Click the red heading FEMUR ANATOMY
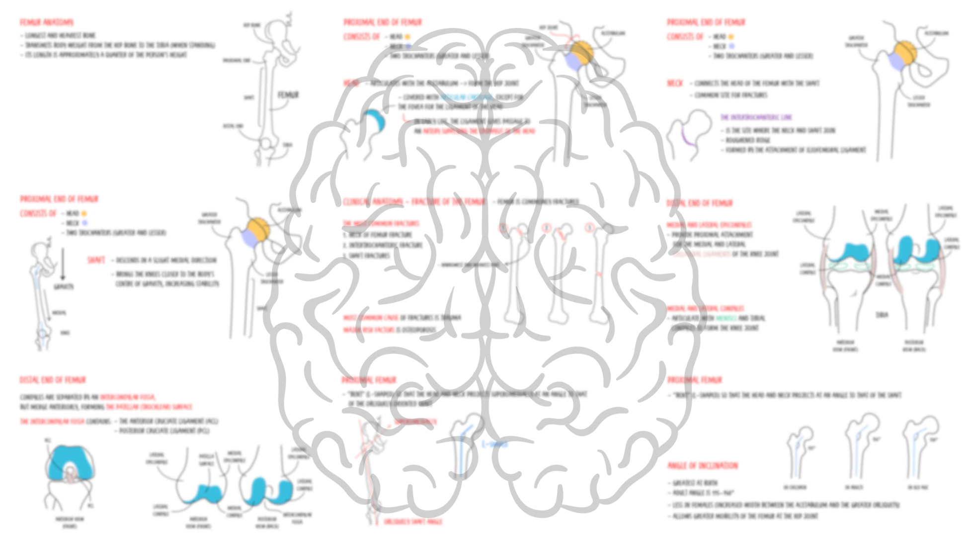[x=47, y=22]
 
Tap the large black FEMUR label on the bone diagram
[x=288, y=94]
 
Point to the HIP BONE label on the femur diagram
[x=251, y=25]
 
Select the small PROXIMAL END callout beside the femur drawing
[x=237, y=60]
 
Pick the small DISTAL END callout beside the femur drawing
[x=233, y=126]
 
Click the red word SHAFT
[x=96, y=260]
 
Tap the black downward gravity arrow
[x=63, y=264]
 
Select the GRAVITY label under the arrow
[x=63, y=287]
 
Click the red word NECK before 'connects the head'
[x=674, y=83]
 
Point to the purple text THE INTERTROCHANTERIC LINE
[x=756, y=117]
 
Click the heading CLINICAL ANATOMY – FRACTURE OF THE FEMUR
[x=413, y=202]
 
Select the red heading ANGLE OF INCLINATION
[x=702, y=465]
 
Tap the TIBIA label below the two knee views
[x=882, y=315]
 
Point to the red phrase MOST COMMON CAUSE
[x=371, y=317]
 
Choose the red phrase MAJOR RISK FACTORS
[x=368, y=330]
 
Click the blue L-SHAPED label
[x=494, y=444]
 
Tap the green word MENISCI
[x=726, y=318]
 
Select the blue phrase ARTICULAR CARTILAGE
[x=467, y=97]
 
